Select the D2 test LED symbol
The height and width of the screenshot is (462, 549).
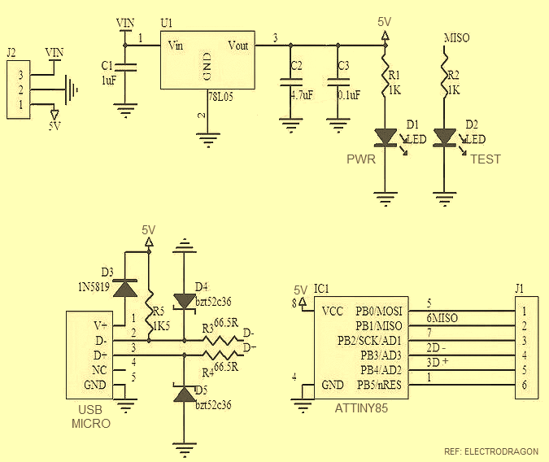tap(444, 137)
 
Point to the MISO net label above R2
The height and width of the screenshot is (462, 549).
tap(456, 38)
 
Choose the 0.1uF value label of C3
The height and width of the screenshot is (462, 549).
tap(348, 94)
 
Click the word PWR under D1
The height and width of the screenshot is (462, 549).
tap(360, 159)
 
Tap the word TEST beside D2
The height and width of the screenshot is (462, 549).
tap(486, 159)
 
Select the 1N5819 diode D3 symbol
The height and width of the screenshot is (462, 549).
tap(124, 288)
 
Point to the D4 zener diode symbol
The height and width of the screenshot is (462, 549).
tap(185, 297)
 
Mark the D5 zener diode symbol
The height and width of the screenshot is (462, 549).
tap(185, 394)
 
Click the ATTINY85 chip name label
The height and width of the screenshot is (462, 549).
tap(361, 408)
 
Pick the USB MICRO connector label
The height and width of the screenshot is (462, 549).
tap(90, 416)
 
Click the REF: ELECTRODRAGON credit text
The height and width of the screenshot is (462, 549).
tap(490, 451)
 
